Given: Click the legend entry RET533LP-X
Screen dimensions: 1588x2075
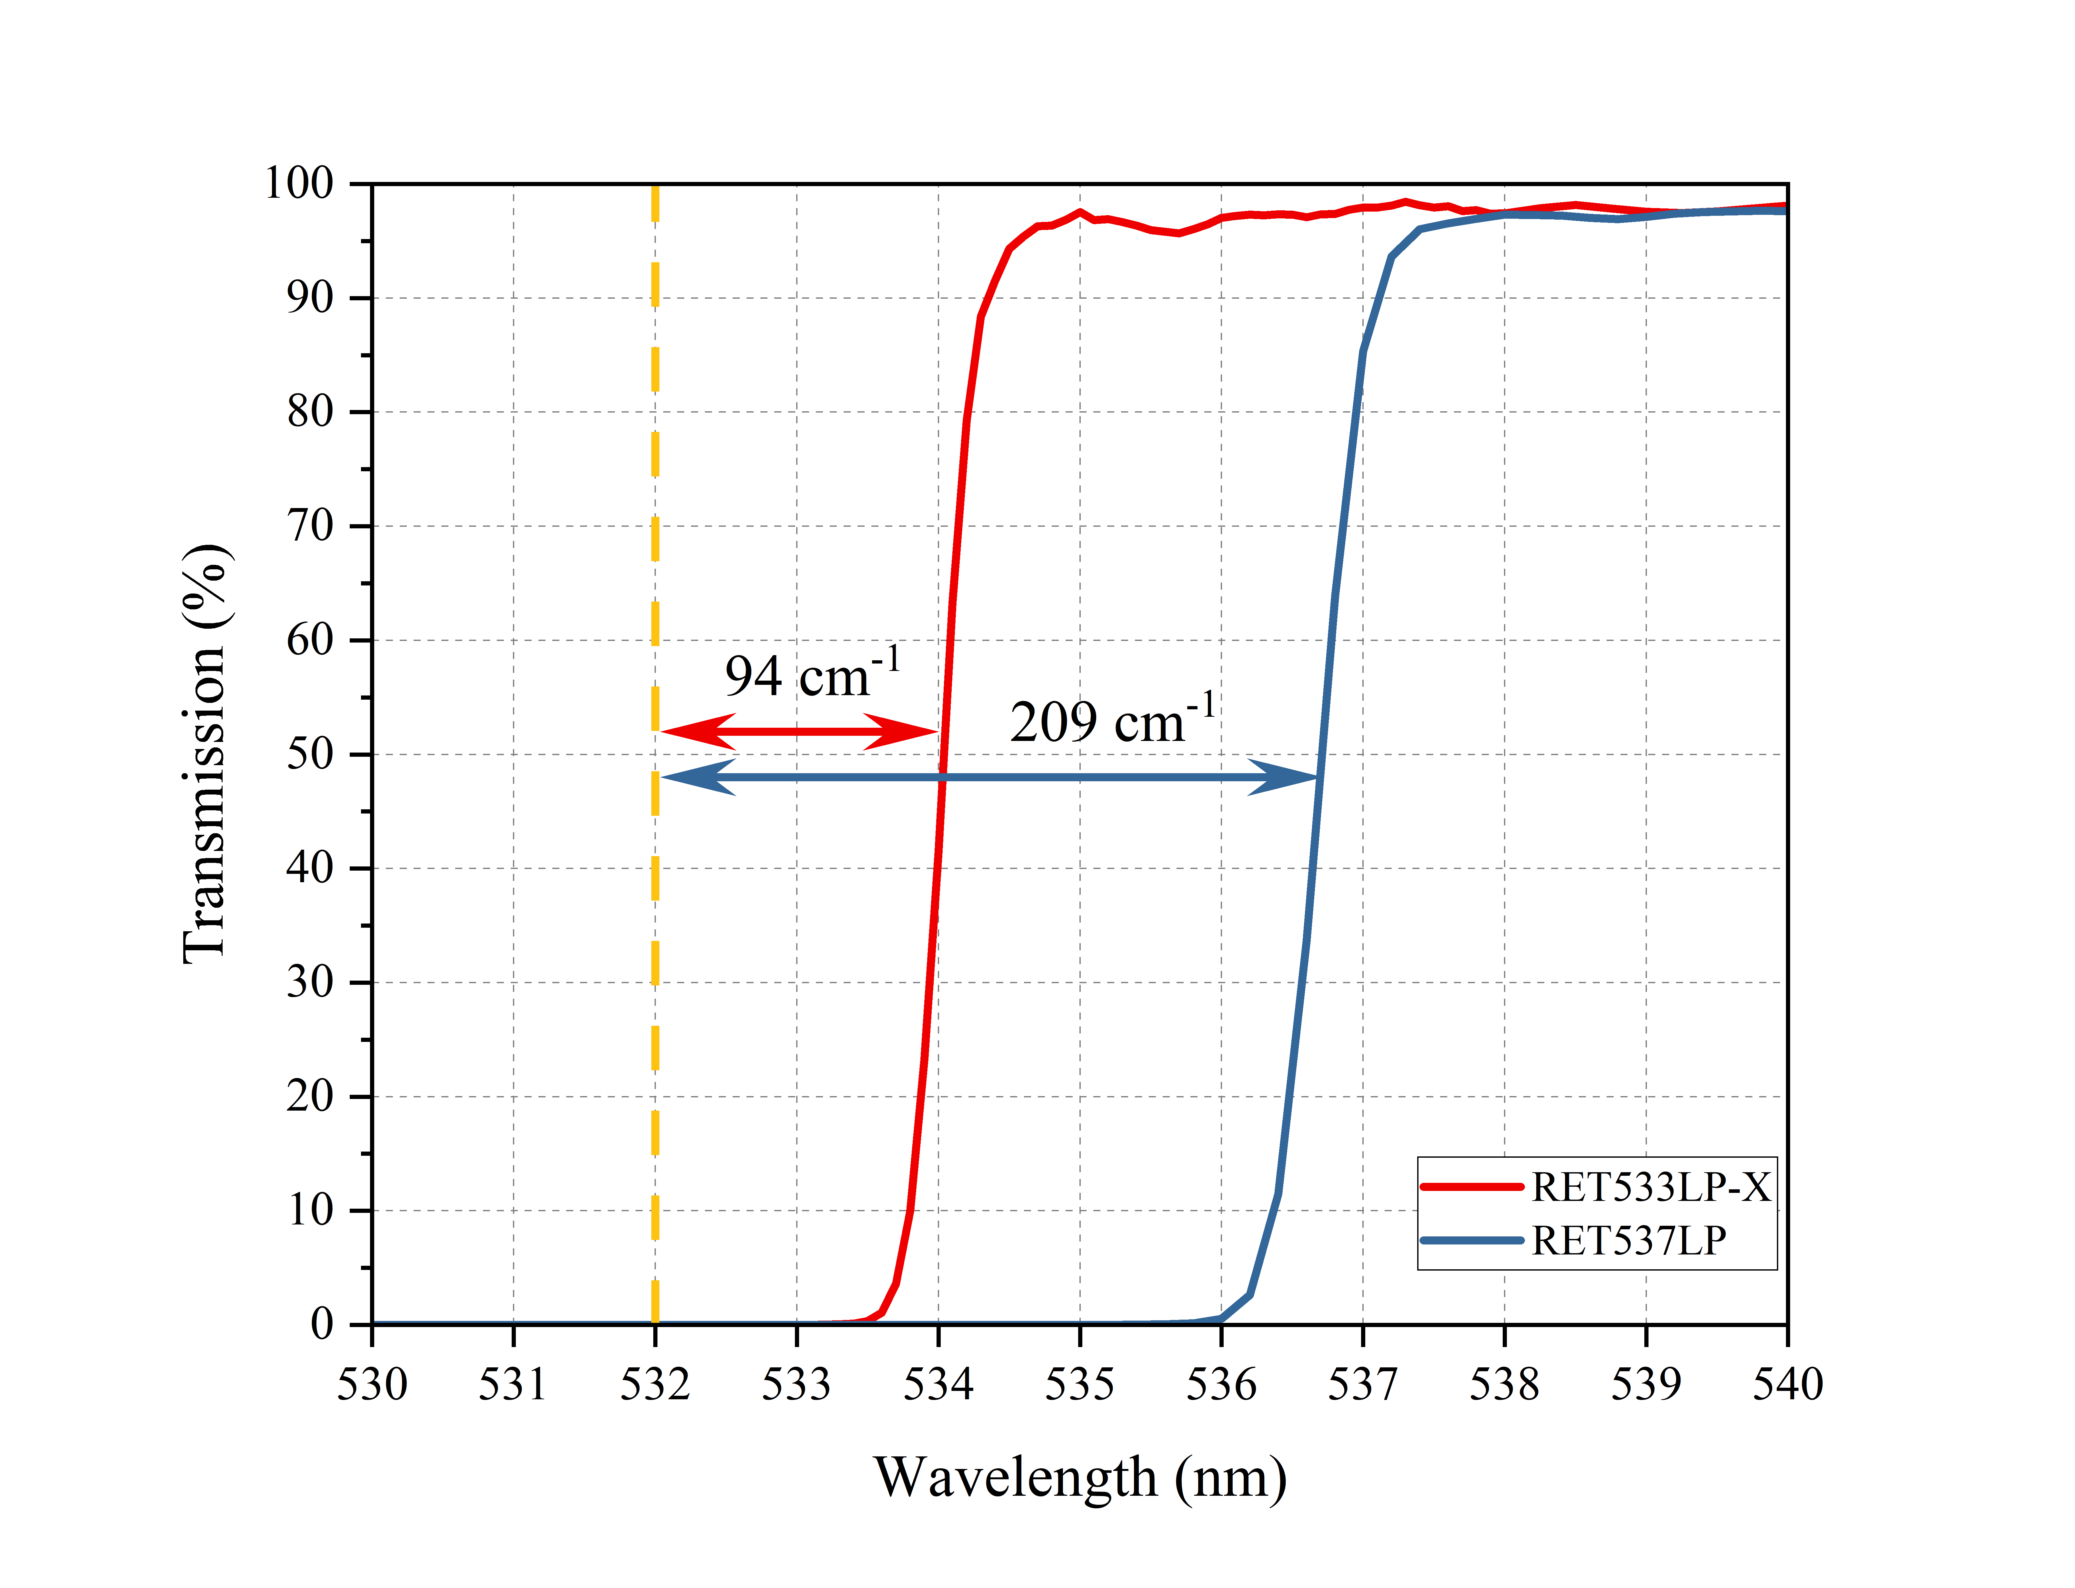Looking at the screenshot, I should [x=1649, y=1187].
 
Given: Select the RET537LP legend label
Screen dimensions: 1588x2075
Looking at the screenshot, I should [x=1628, y=1241].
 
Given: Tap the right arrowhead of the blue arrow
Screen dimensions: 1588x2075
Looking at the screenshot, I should [x=1284, y=777].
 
